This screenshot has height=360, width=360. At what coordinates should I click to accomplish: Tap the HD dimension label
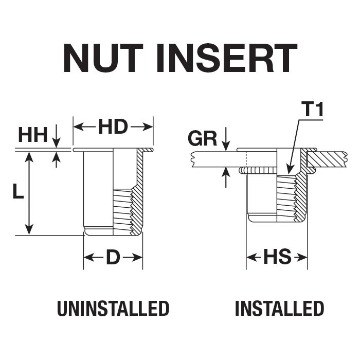tap(113, 127)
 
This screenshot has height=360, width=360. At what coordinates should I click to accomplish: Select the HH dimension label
tap(33, 135)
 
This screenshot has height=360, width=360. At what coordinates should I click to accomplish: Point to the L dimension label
tap(18, 191)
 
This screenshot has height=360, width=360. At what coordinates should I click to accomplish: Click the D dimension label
tap(113, 257)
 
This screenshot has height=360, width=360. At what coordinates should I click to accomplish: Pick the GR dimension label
tap(203, 138)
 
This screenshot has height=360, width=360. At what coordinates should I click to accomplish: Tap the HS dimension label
tap(277, 257)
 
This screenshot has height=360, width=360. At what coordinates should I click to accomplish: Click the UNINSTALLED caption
tap(113, 309)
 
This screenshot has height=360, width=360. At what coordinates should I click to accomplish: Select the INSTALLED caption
tap(279, 309)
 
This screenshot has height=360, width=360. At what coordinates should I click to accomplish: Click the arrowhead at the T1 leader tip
tap(289, 169)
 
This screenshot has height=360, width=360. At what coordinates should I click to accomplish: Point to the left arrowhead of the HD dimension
tap(78, 127)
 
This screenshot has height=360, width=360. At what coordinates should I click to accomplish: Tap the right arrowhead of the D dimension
tap(137, 257)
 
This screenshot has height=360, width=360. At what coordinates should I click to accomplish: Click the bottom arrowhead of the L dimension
tap(29, 229)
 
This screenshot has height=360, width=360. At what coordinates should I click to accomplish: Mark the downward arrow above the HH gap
tap(56, 136)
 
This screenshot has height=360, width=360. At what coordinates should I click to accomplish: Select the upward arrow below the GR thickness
tap(226, 177)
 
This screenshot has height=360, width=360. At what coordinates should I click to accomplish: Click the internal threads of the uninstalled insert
tap(122, 212)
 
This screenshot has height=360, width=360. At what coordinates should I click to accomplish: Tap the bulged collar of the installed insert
tap(258, 171)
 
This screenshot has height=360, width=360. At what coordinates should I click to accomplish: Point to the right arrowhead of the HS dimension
tap(302, 257)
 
